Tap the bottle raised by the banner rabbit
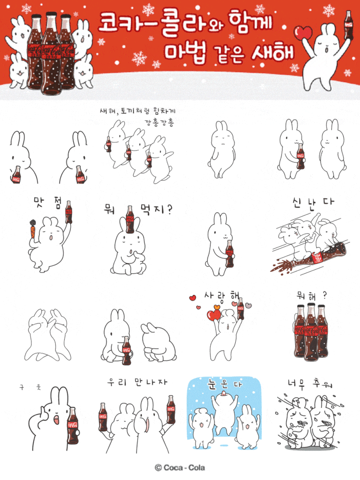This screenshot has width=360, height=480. pyautogui.click(x=348, y=25)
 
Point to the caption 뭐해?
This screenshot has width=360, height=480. pyautogui.click(x=311, y=295)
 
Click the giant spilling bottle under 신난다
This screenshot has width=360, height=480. pyautogui.click(x=306, y=259)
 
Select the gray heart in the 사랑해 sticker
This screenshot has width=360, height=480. pyautogui.click(x=248, y=306)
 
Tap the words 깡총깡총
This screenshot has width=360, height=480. pyautogui.click(x=160, y=122)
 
